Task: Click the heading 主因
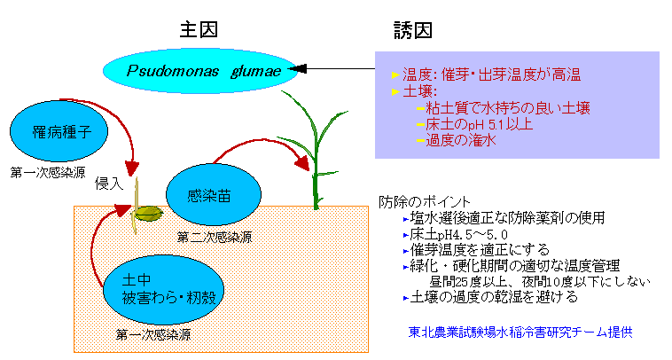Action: click(x=196, y=29)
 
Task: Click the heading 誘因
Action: click(x=413, y=29)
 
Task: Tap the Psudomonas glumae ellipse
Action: click(x=202, y=68)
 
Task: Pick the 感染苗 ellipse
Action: click(x=214, y=196)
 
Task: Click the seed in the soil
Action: click(x=147, y=213)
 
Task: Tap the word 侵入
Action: click(x=109, y=183)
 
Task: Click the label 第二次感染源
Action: click(x=214, y=238)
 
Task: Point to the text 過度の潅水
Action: click(x=461, y=140)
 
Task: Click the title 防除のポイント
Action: click(x=426, y=202)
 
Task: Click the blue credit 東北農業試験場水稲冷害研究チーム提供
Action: click(x=521, y=333)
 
